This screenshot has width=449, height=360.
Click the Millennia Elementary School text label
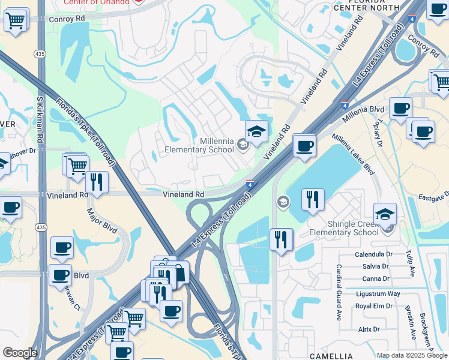pos(200,145)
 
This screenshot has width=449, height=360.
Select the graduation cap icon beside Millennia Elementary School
pos(256,132)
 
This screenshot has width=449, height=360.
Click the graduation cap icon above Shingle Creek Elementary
pos(385,215)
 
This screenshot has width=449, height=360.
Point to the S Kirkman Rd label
pos(40,135)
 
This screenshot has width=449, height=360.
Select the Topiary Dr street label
pos(377,134)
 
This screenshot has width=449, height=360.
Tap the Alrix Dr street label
pos(369,329)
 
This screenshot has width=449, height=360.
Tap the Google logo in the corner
pos(20,353)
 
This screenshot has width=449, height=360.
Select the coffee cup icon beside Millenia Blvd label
pos(400,109)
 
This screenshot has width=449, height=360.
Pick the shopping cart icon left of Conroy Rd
pos(16,20)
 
